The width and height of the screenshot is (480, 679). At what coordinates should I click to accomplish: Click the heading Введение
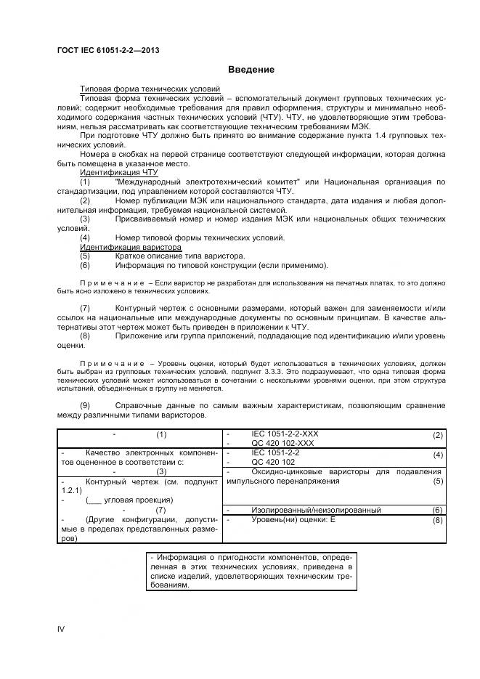[251, 70]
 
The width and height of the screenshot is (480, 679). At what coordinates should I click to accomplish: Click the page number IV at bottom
[61, 628]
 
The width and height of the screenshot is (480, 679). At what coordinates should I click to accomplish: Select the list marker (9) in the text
[85, 404]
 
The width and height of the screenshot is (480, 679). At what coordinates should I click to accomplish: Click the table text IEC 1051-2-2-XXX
[285, 434]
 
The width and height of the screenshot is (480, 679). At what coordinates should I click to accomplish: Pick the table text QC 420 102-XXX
[283, 442]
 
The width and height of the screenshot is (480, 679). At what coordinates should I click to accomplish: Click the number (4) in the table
[437, 455]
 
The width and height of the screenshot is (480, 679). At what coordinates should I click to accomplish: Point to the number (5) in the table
[437, 480]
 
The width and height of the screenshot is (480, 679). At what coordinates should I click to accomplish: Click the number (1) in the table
[161, 434]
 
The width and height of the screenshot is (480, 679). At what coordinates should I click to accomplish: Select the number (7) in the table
[161, 510]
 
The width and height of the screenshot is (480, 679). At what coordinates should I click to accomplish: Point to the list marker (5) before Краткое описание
[85, 256]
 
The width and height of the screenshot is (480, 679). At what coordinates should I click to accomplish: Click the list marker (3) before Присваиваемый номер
[85, 218]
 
